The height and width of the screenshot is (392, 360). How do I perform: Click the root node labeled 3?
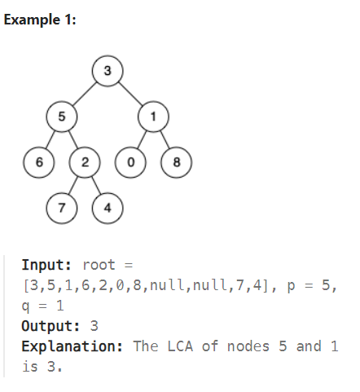click(x=107, y=70)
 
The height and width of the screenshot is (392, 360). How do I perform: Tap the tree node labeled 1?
click(x=152, y=116)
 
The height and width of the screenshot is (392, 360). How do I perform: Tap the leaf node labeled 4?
click(x=107, y=207)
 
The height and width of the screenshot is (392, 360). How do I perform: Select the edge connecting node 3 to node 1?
click(x=130, y=93)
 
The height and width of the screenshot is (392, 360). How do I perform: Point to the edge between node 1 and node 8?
click(x=164, y=139)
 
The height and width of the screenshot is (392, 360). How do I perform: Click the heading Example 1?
click(x=40, y=20)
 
